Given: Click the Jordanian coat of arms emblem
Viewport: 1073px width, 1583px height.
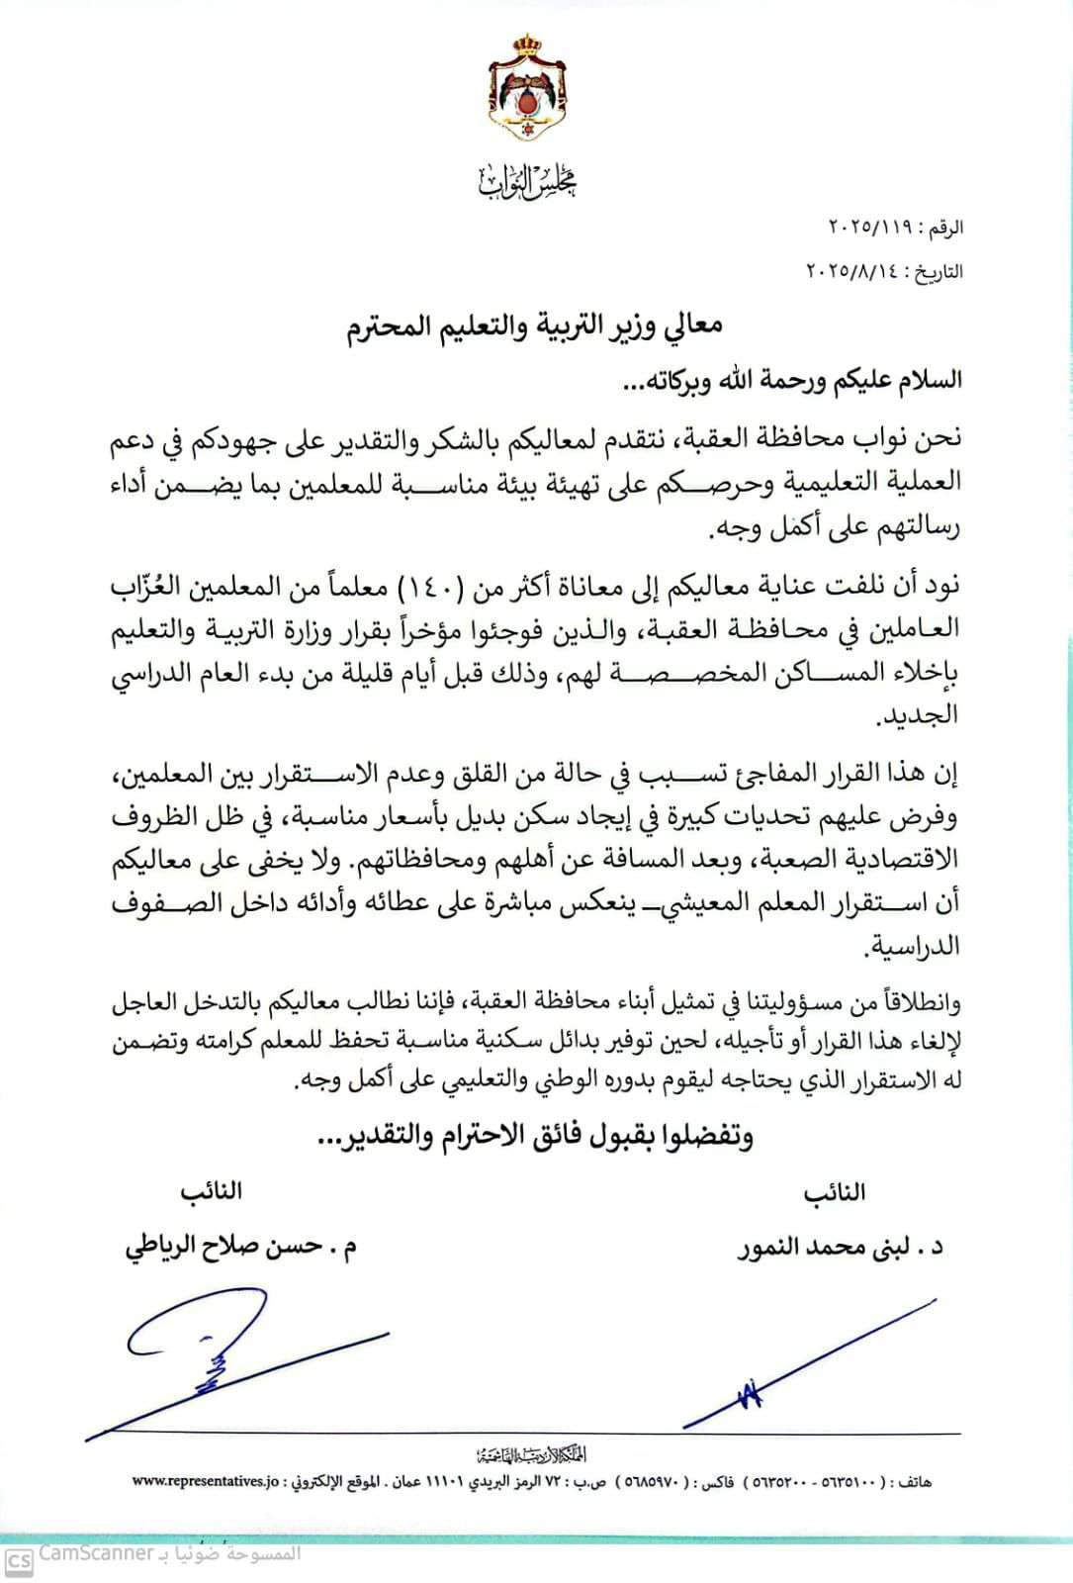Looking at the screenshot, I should [x=527, y=90].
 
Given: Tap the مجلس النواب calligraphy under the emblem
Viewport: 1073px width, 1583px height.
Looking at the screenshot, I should [x=527, y=180].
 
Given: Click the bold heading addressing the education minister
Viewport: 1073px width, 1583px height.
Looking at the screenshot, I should [x=535, y=326].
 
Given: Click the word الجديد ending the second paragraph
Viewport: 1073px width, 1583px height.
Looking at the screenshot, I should [x=926, y=715].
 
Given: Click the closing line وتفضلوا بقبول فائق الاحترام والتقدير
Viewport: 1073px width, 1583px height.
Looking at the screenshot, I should [x=535, y=1137].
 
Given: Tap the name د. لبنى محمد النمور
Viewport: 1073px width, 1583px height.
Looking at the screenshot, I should [x=840, y=1247].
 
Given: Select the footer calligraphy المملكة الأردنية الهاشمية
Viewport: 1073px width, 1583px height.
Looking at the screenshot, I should [x=530, y=1454].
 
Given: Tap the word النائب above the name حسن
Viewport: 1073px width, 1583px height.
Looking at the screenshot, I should [x=212, y=1191].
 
